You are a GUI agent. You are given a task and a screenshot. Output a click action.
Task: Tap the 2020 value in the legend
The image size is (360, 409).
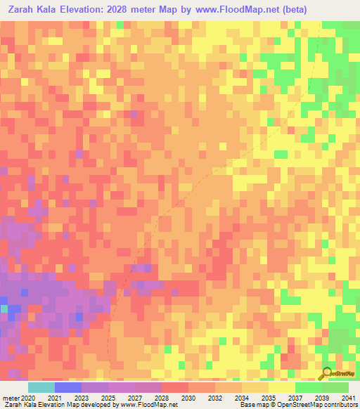point(29,397)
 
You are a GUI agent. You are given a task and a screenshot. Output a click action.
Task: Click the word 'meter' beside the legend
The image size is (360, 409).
point(10,397)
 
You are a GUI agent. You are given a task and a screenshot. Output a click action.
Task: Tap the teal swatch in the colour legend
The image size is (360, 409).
point(41,387)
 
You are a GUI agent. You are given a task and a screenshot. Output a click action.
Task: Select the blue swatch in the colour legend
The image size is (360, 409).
point(68,387)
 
